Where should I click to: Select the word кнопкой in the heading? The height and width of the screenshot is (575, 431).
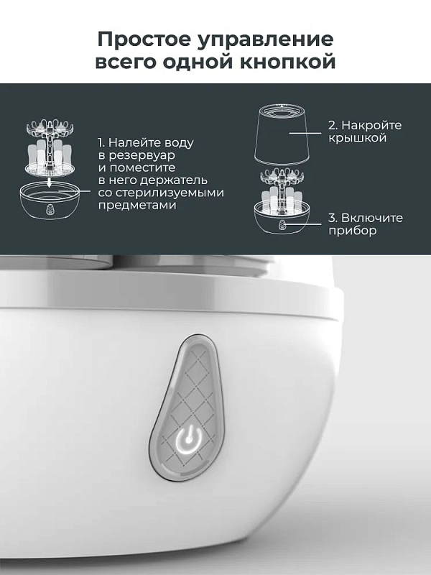click(x=288, y=62)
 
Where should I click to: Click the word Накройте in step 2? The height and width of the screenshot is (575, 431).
click(x=371, y=125)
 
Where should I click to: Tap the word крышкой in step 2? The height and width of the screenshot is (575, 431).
click(x=357, y=138)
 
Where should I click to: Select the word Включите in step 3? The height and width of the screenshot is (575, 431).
click(x=371, y=218)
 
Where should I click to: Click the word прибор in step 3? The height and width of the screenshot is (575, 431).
click(x=352, y=231)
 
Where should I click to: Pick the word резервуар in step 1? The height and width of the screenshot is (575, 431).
click(x=141, y=155)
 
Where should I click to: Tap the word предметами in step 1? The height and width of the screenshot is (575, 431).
click(x=137, y=206)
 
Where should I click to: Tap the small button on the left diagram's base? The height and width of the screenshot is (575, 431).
click(x=50, y=209)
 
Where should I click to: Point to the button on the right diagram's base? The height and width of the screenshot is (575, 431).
click(x=282, y=224)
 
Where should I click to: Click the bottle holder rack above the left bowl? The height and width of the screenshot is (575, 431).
click(x=50, y=147)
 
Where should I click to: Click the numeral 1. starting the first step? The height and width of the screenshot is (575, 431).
click(x=101, y=142)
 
